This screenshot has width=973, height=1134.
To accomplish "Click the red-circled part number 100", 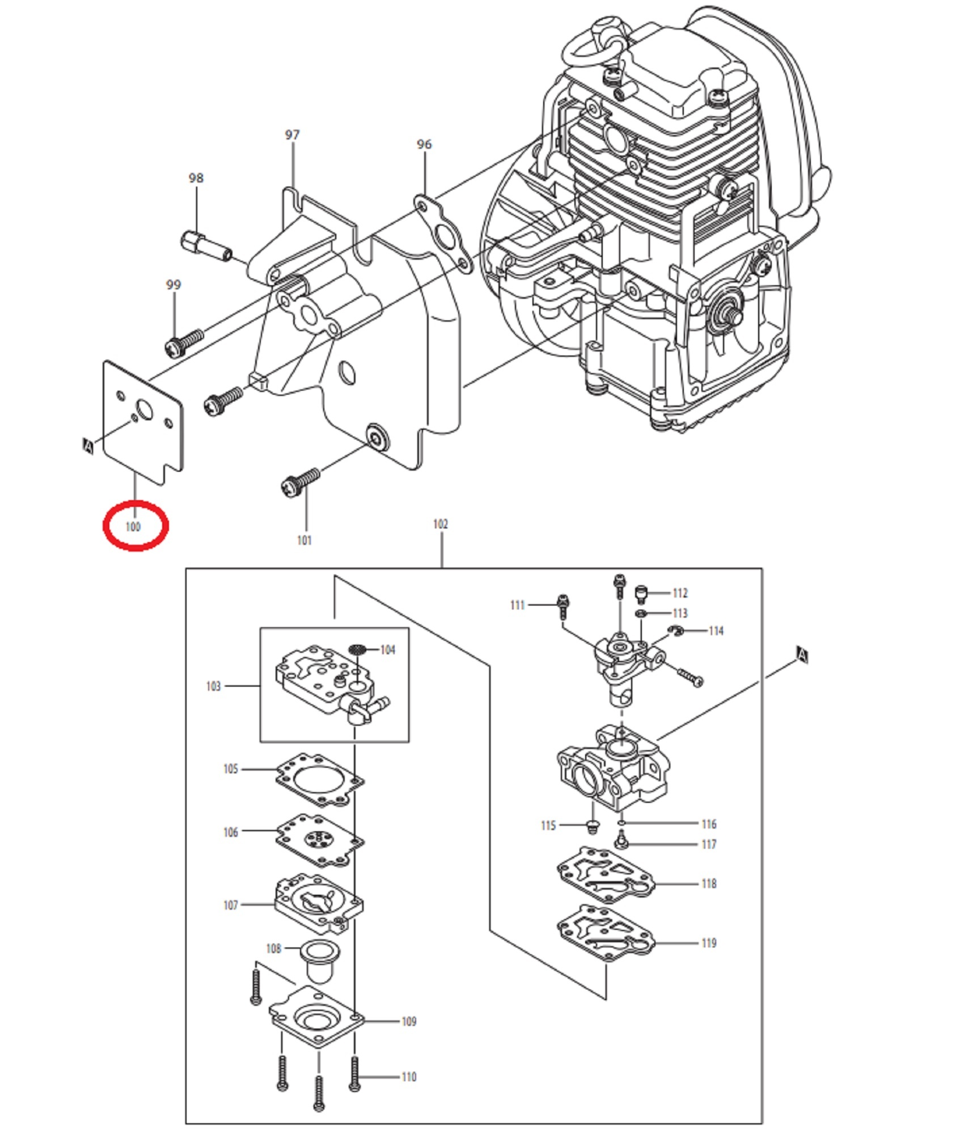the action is pyautogui.click(x=133, y=527).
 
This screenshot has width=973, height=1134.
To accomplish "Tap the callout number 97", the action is pyautogui.click(x=292, y=135).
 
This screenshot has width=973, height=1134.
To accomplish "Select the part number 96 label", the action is pyautogui.click(x=424, y=144).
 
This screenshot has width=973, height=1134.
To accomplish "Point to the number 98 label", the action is pyautogui.click(x=196, y=178).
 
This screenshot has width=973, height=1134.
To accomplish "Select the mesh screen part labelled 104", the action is pyautogui.click(x=357, y=649).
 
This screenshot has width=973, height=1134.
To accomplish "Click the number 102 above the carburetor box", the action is pyautogui.click(x=441, y=524).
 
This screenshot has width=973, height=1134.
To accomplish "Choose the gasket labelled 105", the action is pyautogui.click(x=320, y=779).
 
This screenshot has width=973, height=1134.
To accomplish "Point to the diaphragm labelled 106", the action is pyautogui.click(x=320, y=840).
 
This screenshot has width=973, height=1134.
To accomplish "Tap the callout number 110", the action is pyautogui.click(x=409, y=1077).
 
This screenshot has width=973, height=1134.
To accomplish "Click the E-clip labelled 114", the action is pyautogui.click(x=675, y=631).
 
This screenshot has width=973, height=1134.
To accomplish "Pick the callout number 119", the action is pyautogui.click(x=709, y=943).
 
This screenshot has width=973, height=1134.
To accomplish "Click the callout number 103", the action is pyautogui.click(x=213, y=686).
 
